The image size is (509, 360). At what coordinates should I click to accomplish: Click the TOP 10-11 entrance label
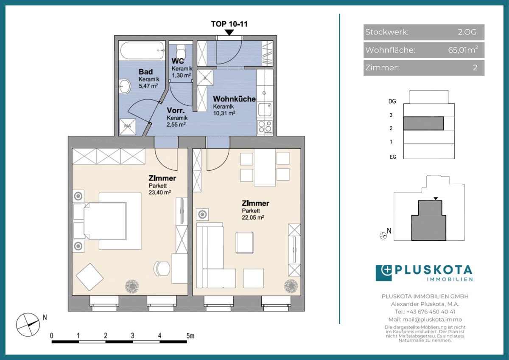[229, 24]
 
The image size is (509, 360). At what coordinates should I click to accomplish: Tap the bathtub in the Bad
[142, 51]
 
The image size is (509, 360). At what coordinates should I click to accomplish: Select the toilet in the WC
[181, 51]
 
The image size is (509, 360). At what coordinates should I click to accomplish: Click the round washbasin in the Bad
[125, 86]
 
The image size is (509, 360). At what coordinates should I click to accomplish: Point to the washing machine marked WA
[128, 127]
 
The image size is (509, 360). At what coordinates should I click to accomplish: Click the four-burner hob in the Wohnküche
[265, 127]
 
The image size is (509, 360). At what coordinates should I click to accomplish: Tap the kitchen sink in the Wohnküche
[265, 110]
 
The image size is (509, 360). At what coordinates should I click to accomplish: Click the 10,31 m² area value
[224, 113]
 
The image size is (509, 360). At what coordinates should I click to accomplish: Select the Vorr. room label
[176, 110]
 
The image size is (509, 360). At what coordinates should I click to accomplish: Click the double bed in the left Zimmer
[105, 221]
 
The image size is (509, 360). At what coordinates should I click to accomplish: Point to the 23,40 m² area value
[160, 192]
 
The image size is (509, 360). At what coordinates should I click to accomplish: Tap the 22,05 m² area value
[253, 217]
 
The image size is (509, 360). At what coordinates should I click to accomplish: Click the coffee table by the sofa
[245, 243]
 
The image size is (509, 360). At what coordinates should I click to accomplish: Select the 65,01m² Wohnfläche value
[463, 50]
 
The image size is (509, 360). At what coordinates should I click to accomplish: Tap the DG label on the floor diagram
[392, 101]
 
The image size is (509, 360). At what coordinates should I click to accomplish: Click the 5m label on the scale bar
[190, 336]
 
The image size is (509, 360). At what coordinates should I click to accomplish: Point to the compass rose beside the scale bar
[28, 324]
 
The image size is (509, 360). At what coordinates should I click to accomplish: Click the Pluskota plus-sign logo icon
[384, 273]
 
